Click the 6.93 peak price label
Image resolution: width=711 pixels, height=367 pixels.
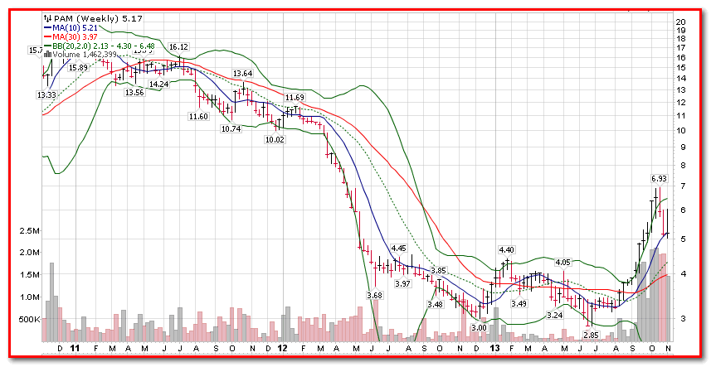point(659,178)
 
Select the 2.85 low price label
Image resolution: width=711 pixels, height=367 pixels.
point(591,335)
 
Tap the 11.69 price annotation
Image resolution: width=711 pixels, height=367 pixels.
point(295,98)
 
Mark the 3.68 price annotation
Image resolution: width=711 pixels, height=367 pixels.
point(374,295)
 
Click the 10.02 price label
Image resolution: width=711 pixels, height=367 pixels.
point(274,140)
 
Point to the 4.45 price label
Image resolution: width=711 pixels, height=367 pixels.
point(398,248)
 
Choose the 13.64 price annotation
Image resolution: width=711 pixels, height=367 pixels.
point(242,74)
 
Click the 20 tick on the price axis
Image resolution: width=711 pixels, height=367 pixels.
point(679,22)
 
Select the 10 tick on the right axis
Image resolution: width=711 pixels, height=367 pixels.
point(679,131)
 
